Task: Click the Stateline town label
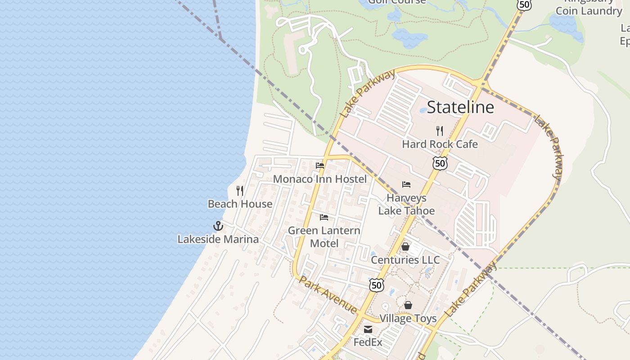tap(460, 107)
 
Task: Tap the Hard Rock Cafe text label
tap(440, 144)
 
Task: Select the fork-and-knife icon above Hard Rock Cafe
tap(440, 131)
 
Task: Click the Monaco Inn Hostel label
tap(320, 179)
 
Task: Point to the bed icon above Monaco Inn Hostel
tap(320, 166)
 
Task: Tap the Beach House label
tap(240, 204)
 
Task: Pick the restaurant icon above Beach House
tap(240, 191)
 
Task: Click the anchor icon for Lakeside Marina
tap(218, 226)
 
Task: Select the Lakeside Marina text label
tap(218, 239)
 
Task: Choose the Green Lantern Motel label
tap(324, 237)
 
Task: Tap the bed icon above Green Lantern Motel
tap(324, 218)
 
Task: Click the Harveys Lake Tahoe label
tap(406, 204)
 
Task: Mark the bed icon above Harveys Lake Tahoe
tap(406, 184)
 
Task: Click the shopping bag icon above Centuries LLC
tap(405, 247)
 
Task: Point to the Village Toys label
tap(408, 319)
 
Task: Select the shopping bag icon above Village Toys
tap(408, 305)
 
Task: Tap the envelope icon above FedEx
tap(368, 329)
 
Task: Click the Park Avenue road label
tap(328, 295)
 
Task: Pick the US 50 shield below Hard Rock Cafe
tap(440, 163)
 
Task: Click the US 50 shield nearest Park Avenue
tap(377, 285)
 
